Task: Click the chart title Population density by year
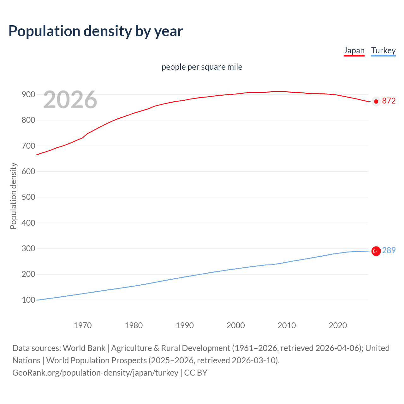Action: click(96, 31)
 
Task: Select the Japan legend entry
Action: click(354, 50)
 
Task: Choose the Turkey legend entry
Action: click(383, 50)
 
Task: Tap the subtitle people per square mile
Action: click(202, 67)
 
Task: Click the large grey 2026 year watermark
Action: click(70, 100)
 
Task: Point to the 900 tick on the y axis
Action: click(28, 94)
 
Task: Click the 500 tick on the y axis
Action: click(28, 197)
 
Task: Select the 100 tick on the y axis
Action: click(28, 300)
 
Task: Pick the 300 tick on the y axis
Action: click(28, 248)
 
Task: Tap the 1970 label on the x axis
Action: click(83, 325)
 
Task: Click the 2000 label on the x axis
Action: click(236, 325)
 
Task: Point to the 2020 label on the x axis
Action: click(338, 325)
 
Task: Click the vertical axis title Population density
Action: click(13, 196)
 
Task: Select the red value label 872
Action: click(389, 101)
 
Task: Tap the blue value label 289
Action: click(389, 250)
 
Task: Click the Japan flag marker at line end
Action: click(376, 101)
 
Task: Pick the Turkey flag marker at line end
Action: click(376, 251)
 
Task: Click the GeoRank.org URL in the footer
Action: click(95, 373)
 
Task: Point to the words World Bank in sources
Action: click(84, 348)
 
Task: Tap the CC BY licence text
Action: click(196, 373)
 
